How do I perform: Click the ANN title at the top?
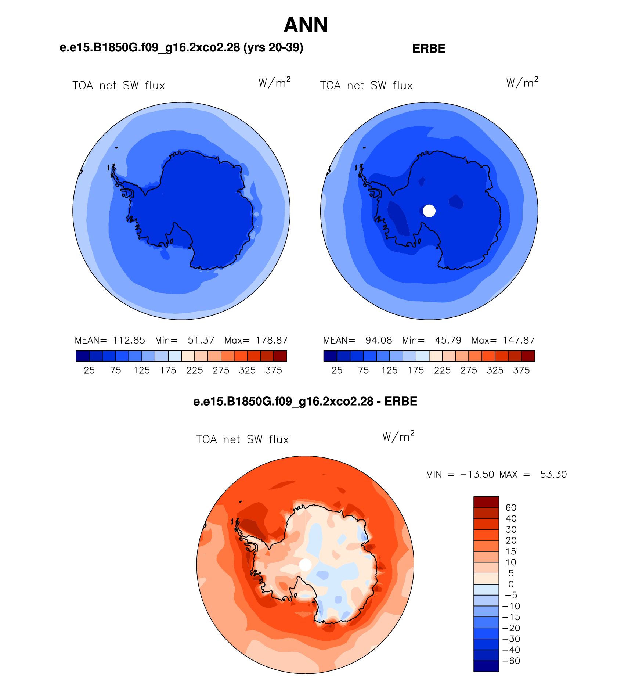[x=306, y=25]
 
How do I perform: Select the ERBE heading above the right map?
[x=429, y=48]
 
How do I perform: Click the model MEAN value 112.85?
[x=129, y=340]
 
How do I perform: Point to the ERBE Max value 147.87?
[x=519, y=340]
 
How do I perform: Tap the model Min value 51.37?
[x=201, y=340]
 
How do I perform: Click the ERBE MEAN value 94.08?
[x=379, y=340]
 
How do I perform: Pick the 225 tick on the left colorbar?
[x=194, y=370]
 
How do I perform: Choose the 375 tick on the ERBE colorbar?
[x=521, y=370]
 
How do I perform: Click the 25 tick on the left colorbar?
[x=89, y=370]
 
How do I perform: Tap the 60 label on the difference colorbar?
[x=511, y=508]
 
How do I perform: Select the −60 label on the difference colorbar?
[x=511, y=661]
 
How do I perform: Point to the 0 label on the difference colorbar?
[x=511, y=585]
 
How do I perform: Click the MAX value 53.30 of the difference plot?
[x=553, y=474]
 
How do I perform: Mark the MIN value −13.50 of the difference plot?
[x=477, y=474]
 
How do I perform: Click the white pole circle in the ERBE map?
[x=429, y=211]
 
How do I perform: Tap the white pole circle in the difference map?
[x=305, y=565]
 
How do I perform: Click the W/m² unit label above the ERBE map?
[x=522, y=82]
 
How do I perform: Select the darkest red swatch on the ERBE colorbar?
[x=528, y=356]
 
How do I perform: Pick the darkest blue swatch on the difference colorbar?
[x=486, y=666]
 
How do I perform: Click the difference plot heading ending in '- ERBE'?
[x=305, y=402]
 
